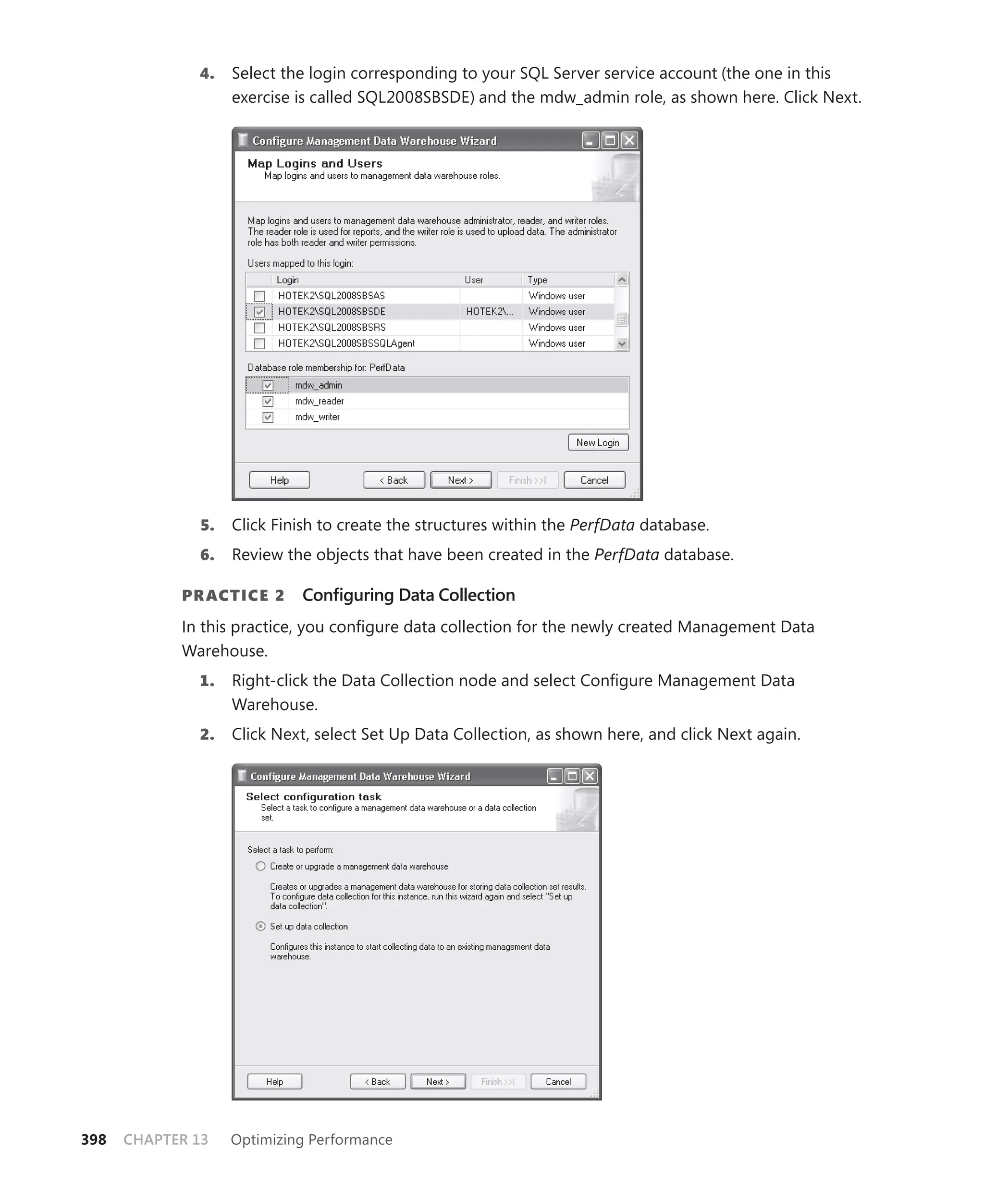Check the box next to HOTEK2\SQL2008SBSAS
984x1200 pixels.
coord(259,296)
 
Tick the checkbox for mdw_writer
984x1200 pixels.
coord(268,417)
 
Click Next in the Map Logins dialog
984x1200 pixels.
coord(460,480)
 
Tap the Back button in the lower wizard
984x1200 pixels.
coord(378,1082)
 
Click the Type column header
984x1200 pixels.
coord(537,280)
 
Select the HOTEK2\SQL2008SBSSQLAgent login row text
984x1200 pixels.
coord(346,343)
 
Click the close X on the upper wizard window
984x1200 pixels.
coord(629,140)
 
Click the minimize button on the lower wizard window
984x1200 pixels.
coord(554,776)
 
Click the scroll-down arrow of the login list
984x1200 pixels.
coord(622,343)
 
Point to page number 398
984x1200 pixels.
coord(94,1140)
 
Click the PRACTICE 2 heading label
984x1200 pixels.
coord(233,596)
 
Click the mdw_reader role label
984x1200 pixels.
coord(319,401)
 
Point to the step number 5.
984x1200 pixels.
coord(207,525)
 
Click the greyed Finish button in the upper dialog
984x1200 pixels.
coord(527,480)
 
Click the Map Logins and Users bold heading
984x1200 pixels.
coord(315,164)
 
